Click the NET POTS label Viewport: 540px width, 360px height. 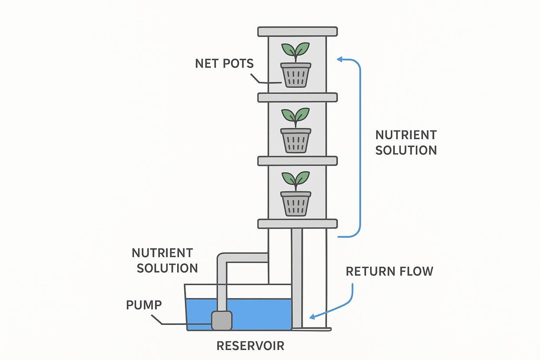pyautogui.click(x=224, y=64)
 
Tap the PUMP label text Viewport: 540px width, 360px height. pyautogui.click(x=144, y=305)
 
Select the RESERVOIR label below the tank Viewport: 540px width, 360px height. pyautogui.click(x=250, y=346)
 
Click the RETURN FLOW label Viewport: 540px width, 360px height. pyautogui.click(x=389, y=271)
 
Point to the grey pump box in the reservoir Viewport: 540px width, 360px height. pyautogui.click(x=221, y=320)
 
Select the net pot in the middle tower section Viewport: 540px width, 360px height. pyautogui.click(x=296, y=140)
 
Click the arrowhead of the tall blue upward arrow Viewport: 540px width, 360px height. pyautogui.click(x=340, y=59)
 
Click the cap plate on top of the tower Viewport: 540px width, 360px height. pyautogui.click(x=297, y=32)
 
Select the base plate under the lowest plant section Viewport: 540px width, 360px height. pyautogui.click(x=297, y=224)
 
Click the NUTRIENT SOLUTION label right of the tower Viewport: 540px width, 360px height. pyautogui.click(x=406, y=142)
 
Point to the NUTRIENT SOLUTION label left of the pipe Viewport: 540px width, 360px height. pyautogui.click(x=165, y=261)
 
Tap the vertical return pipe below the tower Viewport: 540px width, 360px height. pyautogui.click(x=297, y=278)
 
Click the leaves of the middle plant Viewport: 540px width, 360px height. pyautogui.click(x=296, y=115)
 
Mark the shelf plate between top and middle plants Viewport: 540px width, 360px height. pyautogui.click(x=297, y=97)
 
